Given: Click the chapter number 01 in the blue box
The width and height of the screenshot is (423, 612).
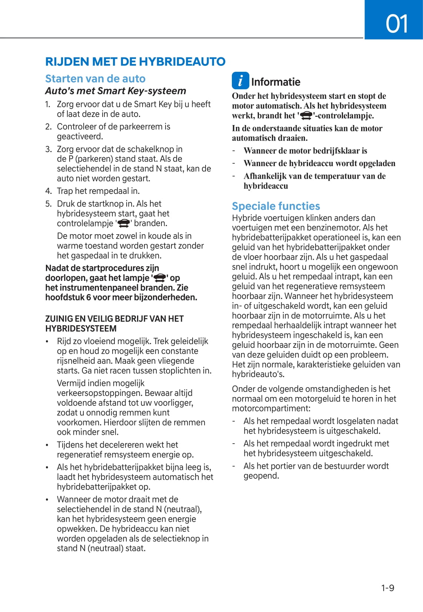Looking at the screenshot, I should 397,24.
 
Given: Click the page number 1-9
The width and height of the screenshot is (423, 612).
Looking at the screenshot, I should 387,588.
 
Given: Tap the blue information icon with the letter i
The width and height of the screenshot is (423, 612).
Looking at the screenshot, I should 240,81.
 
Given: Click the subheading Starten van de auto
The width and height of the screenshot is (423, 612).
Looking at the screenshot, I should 95,78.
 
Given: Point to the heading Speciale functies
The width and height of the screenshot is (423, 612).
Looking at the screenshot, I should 276,206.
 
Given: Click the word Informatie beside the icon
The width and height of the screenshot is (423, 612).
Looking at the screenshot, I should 276,82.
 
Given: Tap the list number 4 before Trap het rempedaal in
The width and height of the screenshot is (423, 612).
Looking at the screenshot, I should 48,191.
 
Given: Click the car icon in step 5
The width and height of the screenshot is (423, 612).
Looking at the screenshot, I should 124,223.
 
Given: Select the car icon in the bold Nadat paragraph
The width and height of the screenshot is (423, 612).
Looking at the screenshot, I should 160,278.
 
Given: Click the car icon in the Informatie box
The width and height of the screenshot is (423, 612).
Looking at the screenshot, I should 306,116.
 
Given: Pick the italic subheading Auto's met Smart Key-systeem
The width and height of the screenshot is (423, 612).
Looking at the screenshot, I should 116,91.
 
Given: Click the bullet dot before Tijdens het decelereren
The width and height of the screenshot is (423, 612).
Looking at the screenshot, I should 47,445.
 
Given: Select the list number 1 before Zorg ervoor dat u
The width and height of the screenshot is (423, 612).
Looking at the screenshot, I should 48,105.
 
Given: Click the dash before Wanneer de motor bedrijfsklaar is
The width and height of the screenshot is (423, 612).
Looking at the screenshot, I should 234,151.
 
